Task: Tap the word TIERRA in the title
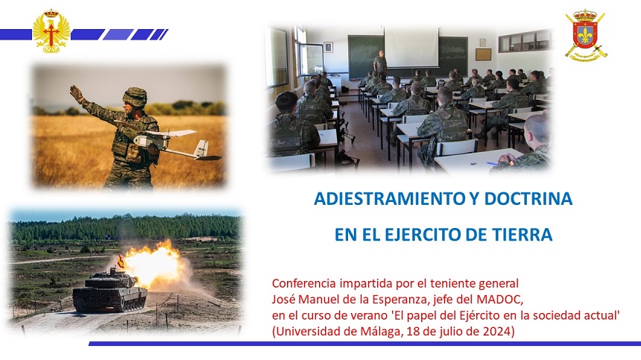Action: point(525,235)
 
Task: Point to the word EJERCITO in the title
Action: point(422,235)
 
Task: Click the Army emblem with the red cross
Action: point(51,31)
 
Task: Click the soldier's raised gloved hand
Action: point(77,93)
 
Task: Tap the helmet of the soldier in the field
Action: point(135,96)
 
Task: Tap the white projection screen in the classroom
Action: point(411,46)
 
